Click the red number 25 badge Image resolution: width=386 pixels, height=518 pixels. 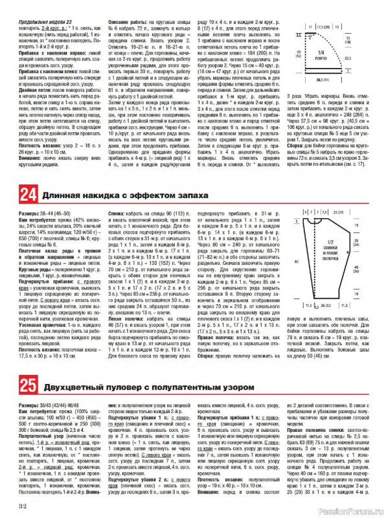28,388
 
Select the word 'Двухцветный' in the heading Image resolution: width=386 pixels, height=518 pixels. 70,388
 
